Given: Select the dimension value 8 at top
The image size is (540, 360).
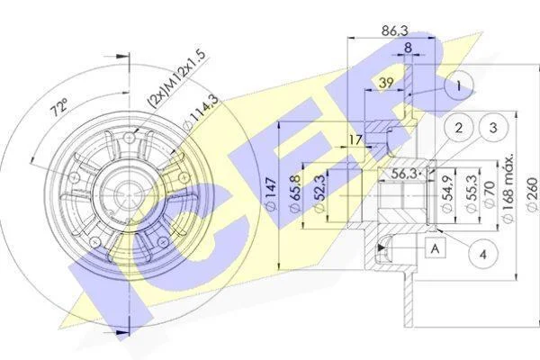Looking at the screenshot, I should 408,48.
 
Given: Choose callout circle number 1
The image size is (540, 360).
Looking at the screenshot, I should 459,87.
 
